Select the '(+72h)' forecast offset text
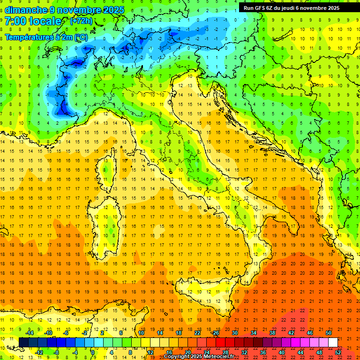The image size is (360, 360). pyautogui.click(x=81, y=21)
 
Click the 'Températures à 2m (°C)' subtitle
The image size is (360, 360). pyautogui.click(x=46, y=37)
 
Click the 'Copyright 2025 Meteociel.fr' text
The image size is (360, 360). pyautogui.click(x=199, y=356)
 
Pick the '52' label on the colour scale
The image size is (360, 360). pyautogui.click(x=337, y=352)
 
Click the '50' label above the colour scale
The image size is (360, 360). pyautogui.click(x=328, y=333)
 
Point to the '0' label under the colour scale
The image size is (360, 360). pyautogui.click(x=93, y=352)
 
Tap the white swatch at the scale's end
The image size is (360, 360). pyautogui.click(x=332, y=342)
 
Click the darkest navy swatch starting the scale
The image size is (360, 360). pyautogui.click(x=23, y=342)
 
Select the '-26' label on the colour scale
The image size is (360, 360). pyautogui.click(x=215, y=333)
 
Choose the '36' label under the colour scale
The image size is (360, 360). pyautogui.click(x=263, y=352)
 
